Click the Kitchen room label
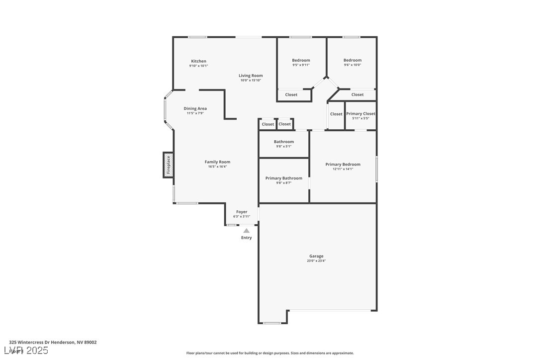198,61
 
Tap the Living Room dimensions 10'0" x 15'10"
251,81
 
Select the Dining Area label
195,108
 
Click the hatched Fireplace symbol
168,165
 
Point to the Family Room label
217,162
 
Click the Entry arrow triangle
246,231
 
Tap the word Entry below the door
246,238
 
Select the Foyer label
241,212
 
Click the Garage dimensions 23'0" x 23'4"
316,261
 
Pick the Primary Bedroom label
343,164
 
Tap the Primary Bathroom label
283,178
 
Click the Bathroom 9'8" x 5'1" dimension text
283,147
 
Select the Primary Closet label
360,114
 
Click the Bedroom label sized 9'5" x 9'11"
301,60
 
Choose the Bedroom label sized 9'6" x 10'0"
352,60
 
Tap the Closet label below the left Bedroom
291,94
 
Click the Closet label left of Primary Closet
336,114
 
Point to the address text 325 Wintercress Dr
53,342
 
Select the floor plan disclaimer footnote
270,353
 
